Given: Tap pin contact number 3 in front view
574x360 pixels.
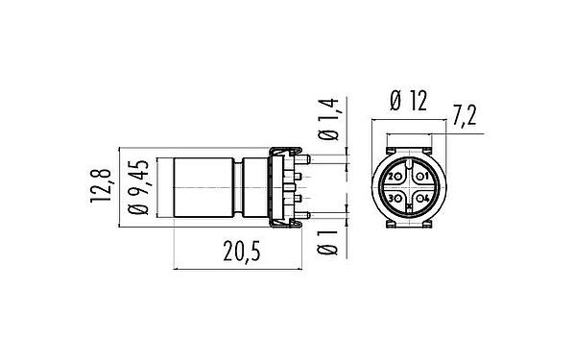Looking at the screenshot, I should [395, 198].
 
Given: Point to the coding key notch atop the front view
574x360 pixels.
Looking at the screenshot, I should [409, 164].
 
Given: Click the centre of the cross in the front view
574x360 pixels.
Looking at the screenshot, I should [409, 188].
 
